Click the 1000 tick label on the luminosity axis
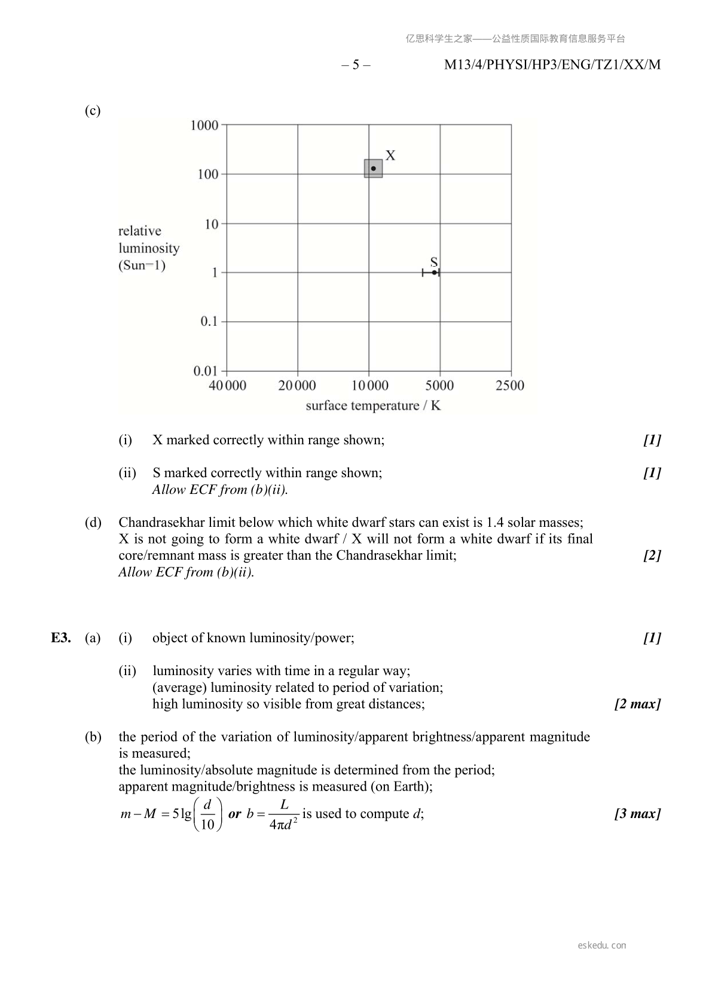(204, 125)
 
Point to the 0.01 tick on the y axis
(205, 371)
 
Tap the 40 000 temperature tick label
(227, 386)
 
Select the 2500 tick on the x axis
(510, 386)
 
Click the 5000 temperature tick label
(439, 386)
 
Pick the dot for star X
(374, 169)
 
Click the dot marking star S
(434, 273)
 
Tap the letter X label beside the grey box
(390, 155)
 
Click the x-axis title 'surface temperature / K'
(373, 406)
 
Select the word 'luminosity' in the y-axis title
(149, 248)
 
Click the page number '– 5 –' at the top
(356, 65)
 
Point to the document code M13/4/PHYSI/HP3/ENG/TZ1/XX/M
(552, 65)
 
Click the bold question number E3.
(61, 638)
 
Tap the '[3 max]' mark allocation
(637, 814)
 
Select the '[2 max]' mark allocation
(637, 704)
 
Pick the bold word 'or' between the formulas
(235, 814)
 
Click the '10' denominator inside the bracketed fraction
(207, 825)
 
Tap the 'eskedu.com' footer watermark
(602, 945)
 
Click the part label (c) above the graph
(93, 111)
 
